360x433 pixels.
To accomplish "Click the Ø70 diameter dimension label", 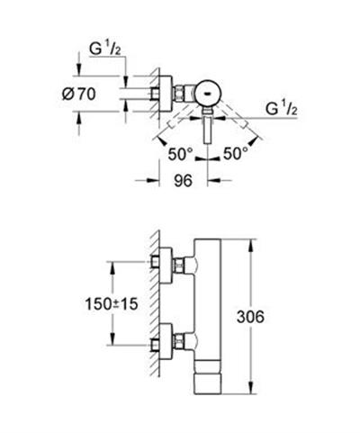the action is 79,95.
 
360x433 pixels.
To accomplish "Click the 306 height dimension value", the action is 250,317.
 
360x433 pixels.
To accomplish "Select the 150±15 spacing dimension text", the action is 112,303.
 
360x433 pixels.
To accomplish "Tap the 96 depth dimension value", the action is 183,181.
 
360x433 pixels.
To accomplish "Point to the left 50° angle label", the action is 180,154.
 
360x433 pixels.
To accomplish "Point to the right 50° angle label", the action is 236,154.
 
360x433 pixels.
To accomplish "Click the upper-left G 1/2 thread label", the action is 105,50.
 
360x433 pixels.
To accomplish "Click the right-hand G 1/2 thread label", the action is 282,109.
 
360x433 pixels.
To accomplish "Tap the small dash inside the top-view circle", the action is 207,94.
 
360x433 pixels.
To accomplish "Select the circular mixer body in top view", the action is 208,94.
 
